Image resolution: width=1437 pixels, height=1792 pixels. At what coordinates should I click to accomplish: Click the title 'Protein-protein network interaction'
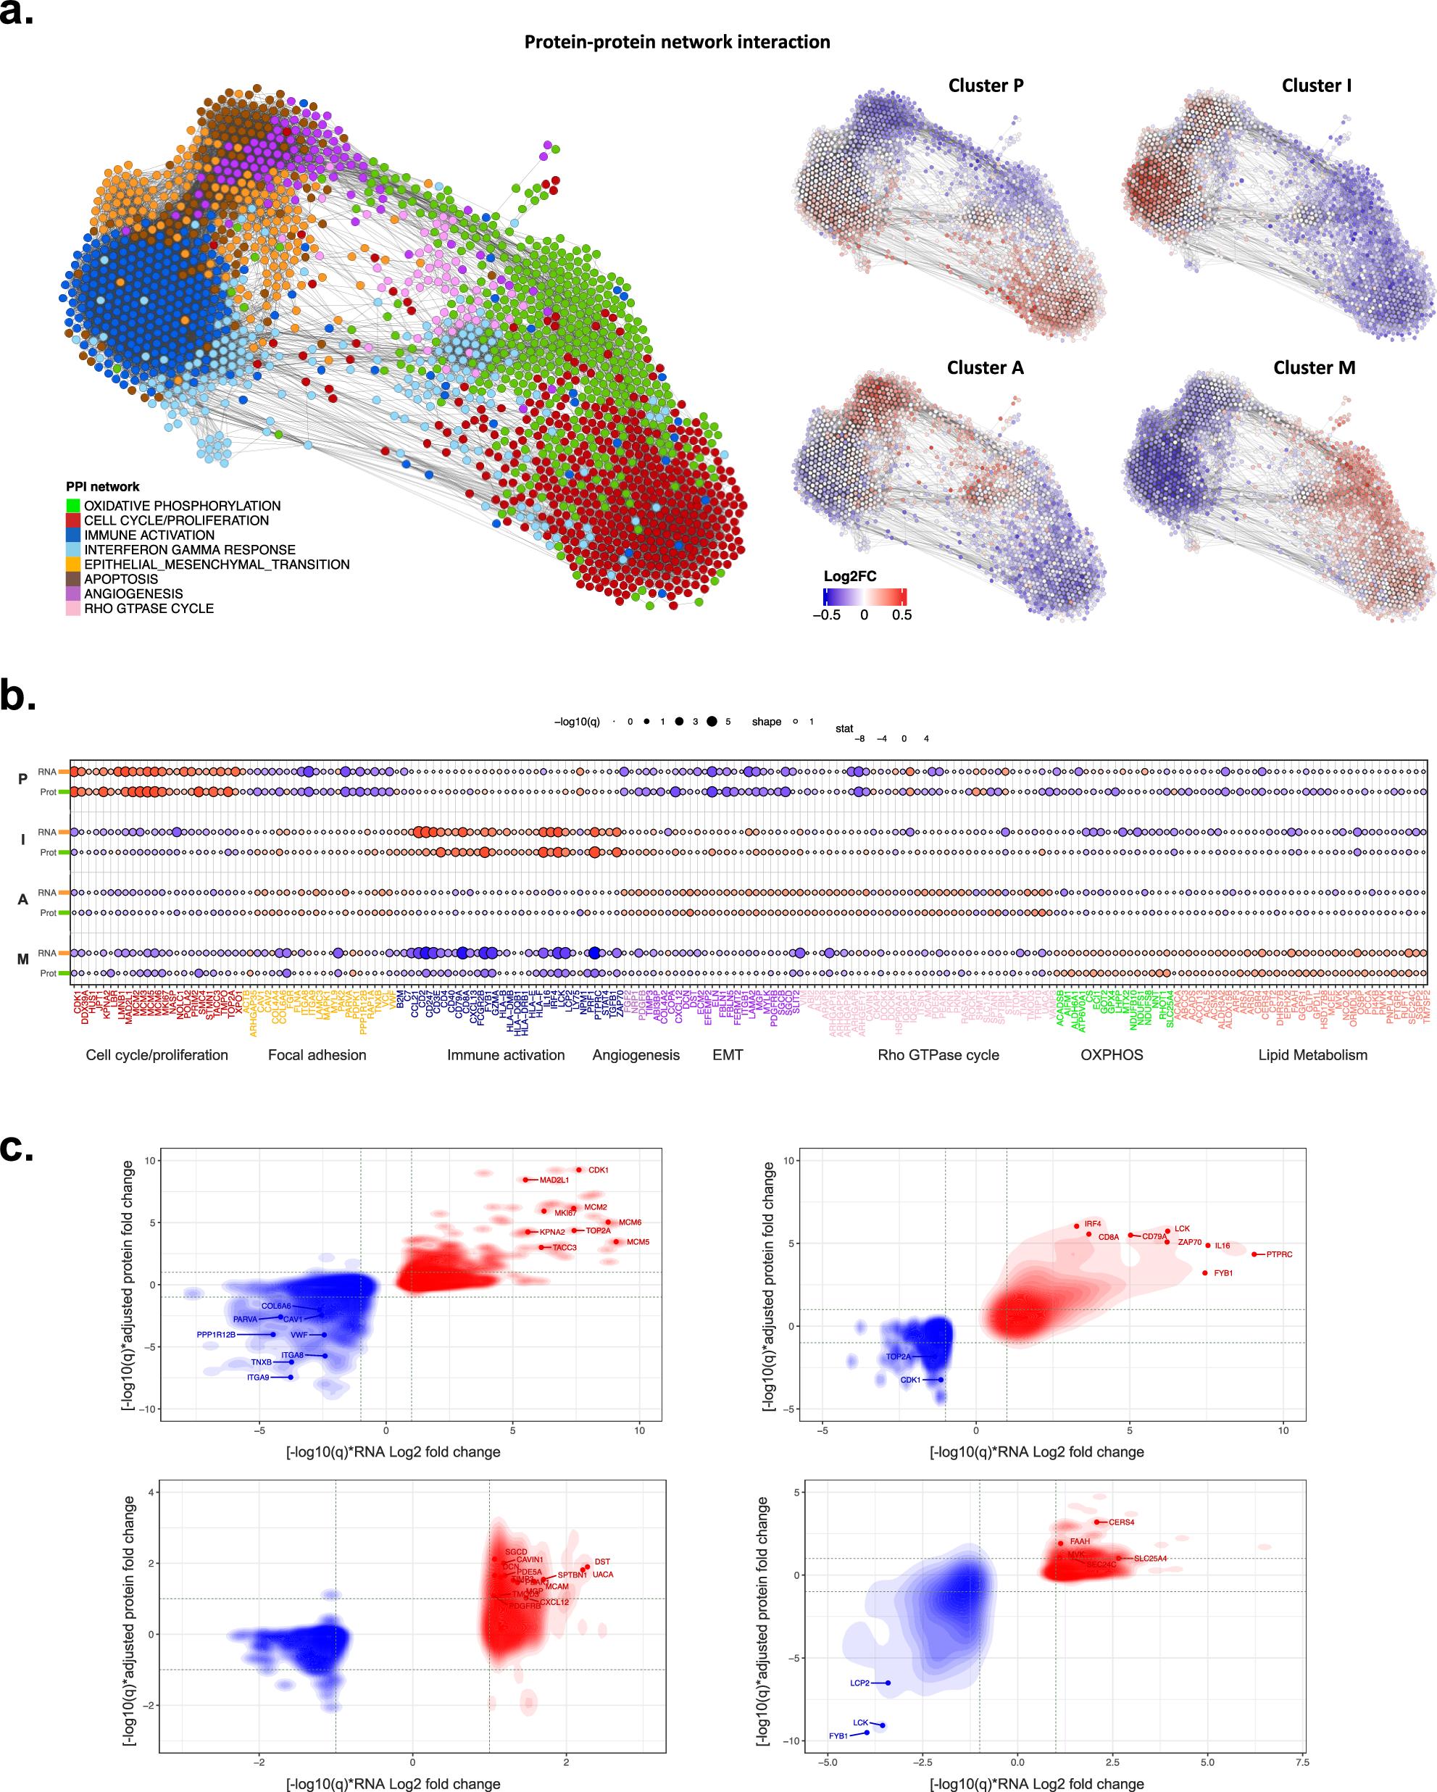click(x=677, y=42)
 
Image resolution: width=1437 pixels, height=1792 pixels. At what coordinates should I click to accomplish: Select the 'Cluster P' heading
click(x=986, y=86)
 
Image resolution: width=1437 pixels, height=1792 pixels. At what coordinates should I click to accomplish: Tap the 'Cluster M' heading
click(x=1314, y=367)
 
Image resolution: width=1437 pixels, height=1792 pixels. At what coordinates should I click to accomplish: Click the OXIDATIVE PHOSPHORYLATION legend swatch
click(x=73, y=505)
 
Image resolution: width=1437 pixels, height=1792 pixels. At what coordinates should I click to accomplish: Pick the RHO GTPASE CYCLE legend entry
click(x=149, y=609)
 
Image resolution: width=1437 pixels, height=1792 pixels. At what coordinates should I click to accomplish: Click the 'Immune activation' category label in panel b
click(x=505, y=1055)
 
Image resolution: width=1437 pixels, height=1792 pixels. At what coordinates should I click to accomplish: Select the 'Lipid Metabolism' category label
click(x=1312, y=1055)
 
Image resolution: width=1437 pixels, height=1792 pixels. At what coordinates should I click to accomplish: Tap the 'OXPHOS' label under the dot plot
click(x=1111, y=1055)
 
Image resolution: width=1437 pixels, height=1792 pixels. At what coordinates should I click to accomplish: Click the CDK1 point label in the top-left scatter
click(x=599, y=1170)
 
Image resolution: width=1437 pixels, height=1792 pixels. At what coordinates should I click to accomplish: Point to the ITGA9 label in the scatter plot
click(x=258, y=1378)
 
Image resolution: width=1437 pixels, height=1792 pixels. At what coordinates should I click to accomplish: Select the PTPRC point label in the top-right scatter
click(x=1279, y=1254)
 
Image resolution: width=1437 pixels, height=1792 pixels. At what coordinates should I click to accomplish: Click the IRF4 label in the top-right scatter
click(x=1093, y=1223)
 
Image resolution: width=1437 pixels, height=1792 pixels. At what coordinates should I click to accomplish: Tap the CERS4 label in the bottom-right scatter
click(x=1121, y=1522)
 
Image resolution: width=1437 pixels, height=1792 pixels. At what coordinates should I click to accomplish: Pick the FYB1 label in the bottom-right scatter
click(x=838, y=1736)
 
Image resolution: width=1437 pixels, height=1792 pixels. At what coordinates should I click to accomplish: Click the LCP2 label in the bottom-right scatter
click(x=859, y=1683)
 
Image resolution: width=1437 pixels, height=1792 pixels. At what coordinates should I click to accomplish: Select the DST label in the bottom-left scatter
click(x=603, y=1562)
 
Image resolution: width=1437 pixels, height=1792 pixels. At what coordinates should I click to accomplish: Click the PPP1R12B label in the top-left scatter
click(x=216, y=1335)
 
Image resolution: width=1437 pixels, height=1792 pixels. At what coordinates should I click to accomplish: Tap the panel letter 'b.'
click(x=18, y=696)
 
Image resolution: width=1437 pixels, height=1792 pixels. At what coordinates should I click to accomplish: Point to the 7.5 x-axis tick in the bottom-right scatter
click(x=1302, y=1762)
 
